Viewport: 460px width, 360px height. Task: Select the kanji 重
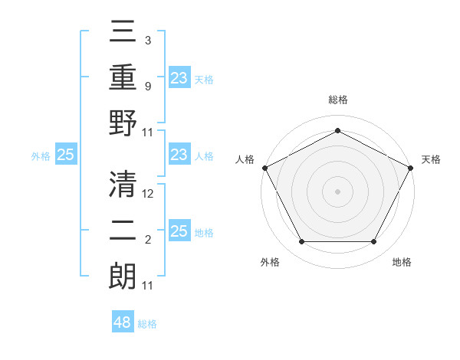tap(123, 78)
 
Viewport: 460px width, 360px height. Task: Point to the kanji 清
tap(123, 184)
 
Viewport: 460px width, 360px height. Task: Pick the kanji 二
tap(123, 231)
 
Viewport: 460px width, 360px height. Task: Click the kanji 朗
tap(123, 278)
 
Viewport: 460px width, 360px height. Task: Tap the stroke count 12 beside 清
tap(148, 194)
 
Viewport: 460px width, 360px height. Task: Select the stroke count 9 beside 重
tap(148, 87)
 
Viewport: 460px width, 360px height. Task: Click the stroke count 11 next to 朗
tap(148, 286)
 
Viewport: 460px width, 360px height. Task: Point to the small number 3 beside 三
tap(148, 40)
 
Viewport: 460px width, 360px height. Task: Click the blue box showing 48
tap(122, 322)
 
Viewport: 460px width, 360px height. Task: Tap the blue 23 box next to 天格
tap(179, 77)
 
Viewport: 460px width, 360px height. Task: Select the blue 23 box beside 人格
tap(179, 155)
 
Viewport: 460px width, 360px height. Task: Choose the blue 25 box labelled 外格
tap(65, 155)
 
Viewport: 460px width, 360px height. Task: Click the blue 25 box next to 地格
tap(179, 232)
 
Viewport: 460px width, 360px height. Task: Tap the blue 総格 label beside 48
tap(147, 324)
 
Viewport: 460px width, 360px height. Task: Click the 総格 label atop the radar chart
tap(337, 100)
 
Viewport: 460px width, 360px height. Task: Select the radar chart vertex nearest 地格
tap(373, 242)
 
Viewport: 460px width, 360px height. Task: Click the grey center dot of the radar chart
tap(337, 191)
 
